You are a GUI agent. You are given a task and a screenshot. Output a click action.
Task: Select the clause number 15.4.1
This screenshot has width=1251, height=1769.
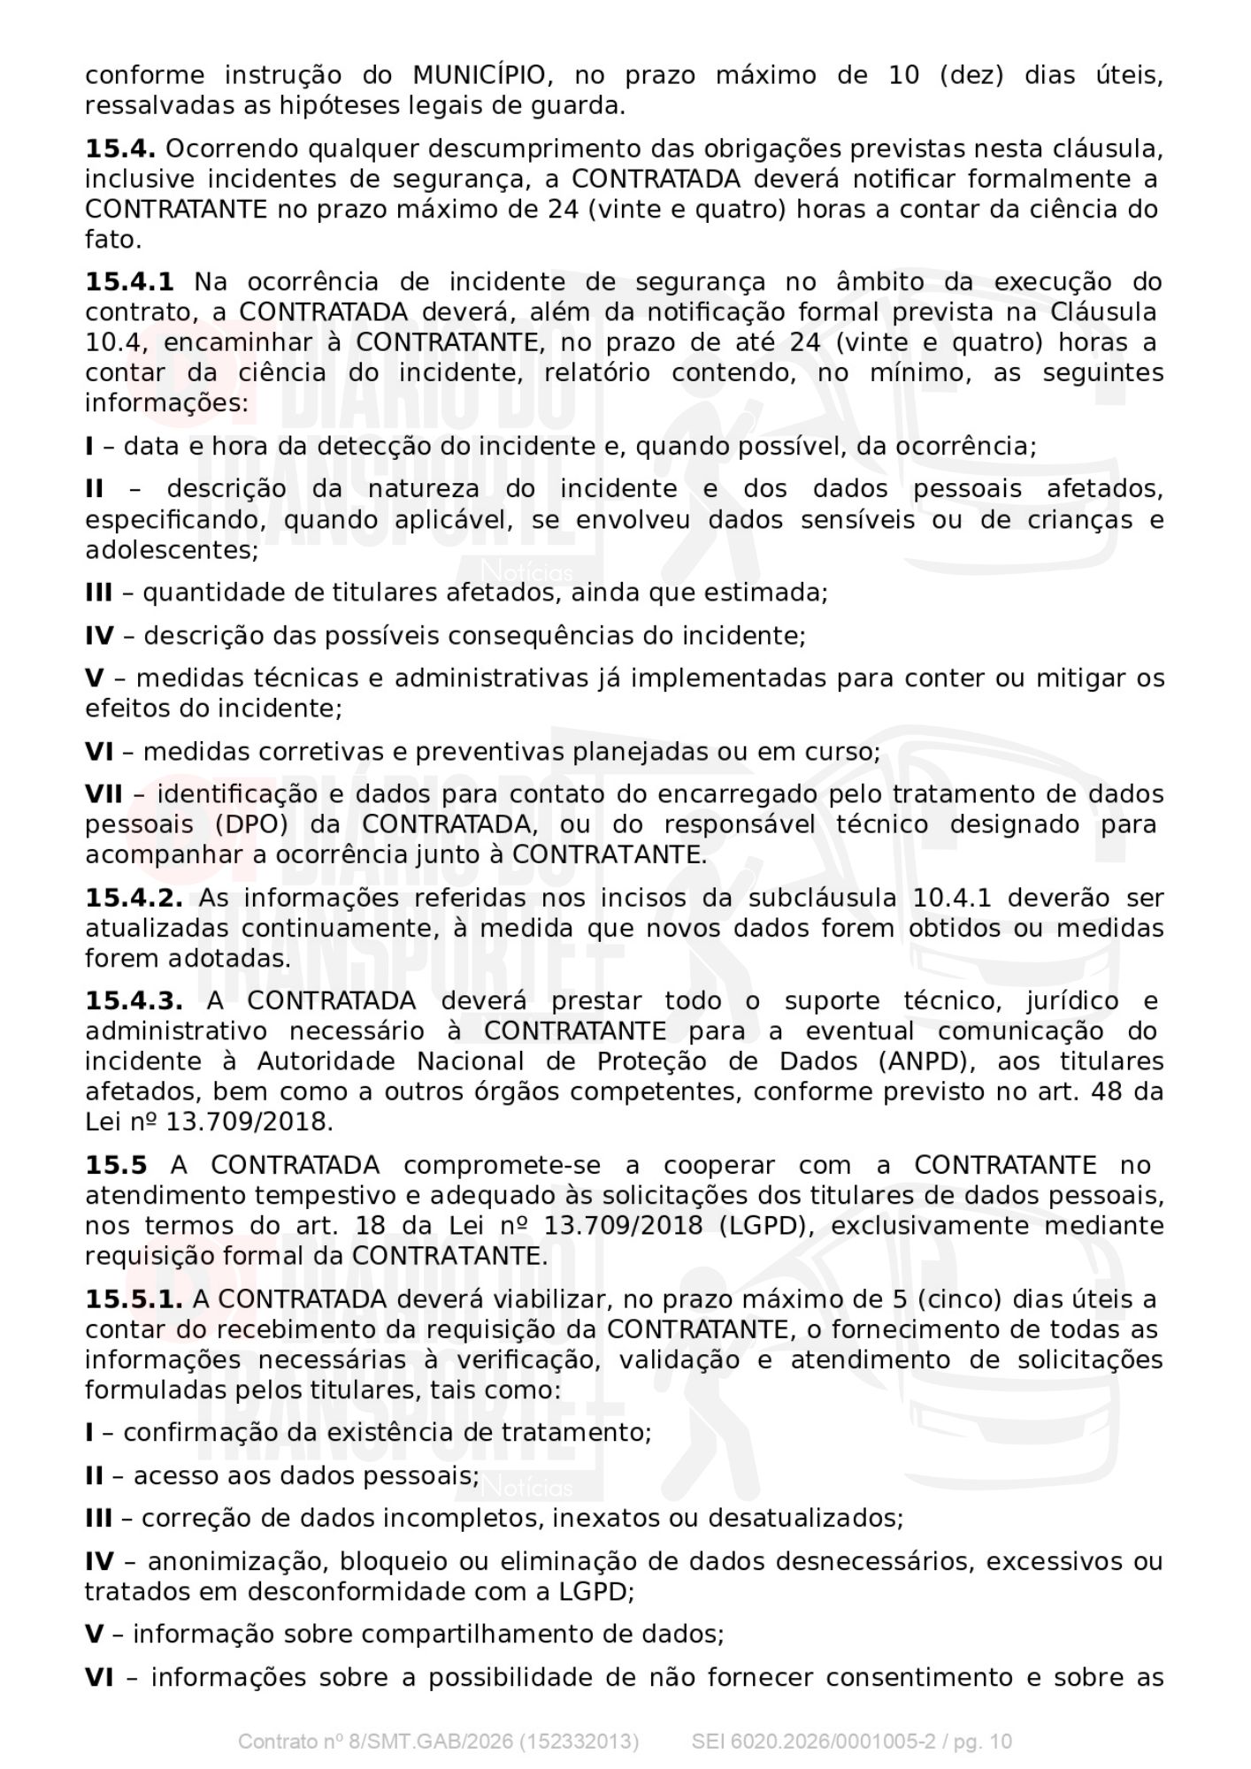[129, 282]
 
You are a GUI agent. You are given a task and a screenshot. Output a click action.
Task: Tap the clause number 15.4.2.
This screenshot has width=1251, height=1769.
[134, 898]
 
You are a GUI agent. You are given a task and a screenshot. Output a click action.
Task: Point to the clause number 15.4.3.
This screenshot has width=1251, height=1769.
[134, 1001]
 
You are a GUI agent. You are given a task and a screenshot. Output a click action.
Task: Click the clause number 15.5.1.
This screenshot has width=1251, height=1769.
[134, 1299]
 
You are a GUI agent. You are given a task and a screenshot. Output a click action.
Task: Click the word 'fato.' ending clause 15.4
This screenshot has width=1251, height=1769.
[113, 240]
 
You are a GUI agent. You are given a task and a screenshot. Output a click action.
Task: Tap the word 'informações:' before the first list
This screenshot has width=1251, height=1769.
[166, 403]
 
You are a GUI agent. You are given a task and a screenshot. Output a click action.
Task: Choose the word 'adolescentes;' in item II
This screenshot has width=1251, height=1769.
[172, 550]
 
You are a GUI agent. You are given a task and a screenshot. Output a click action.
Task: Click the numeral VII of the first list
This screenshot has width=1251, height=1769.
[104, 794]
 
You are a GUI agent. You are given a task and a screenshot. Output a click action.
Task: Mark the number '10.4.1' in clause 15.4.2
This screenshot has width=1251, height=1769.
[952, 898]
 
